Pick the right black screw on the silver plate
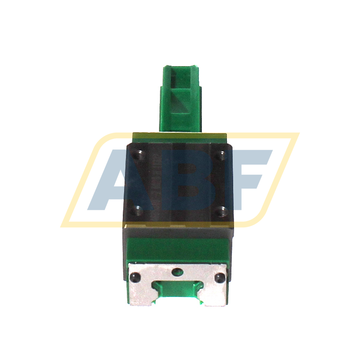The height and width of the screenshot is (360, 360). (x=218, y=278)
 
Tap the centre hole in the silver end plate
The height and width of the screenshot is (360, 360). (x=178, y=271)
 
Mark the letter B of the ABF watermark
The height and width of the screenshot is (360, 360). (x=188, y=181)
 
